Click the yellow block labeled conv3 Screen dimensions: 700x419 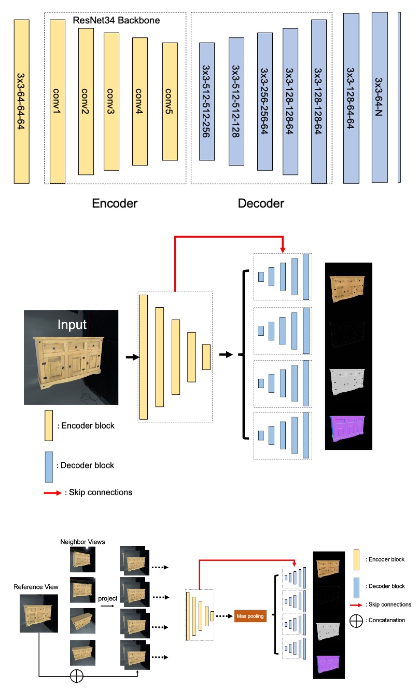111,101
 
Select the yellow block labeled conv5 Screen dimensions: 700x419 170,101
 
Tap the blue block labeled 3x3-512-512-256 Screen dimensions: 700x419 207,102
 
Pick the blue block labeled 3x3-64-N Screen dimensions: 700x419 380,99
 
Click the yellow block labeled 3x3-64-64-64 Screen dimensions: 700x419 21,101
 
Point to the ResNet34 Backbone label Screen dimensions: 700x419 116,21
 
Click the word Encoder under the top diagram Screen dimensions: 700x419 115,203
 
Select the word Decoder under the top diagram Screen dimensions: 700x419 261,203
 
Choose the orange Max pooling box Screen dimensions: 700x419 250,616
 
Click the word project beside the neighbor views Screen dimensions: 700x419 107,598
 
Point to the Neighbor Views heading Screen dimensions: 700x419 82,542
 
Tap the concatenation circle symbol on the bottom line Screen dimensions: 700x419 77,676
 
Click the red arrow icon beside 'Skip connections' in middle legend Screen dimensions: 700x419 54,492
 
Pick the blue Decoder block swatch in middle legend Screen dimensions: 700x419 49,466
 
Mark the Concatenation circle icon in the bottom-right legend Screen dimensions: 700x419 356,620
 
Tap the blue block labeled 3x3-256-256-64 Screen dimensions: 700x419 265,102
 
